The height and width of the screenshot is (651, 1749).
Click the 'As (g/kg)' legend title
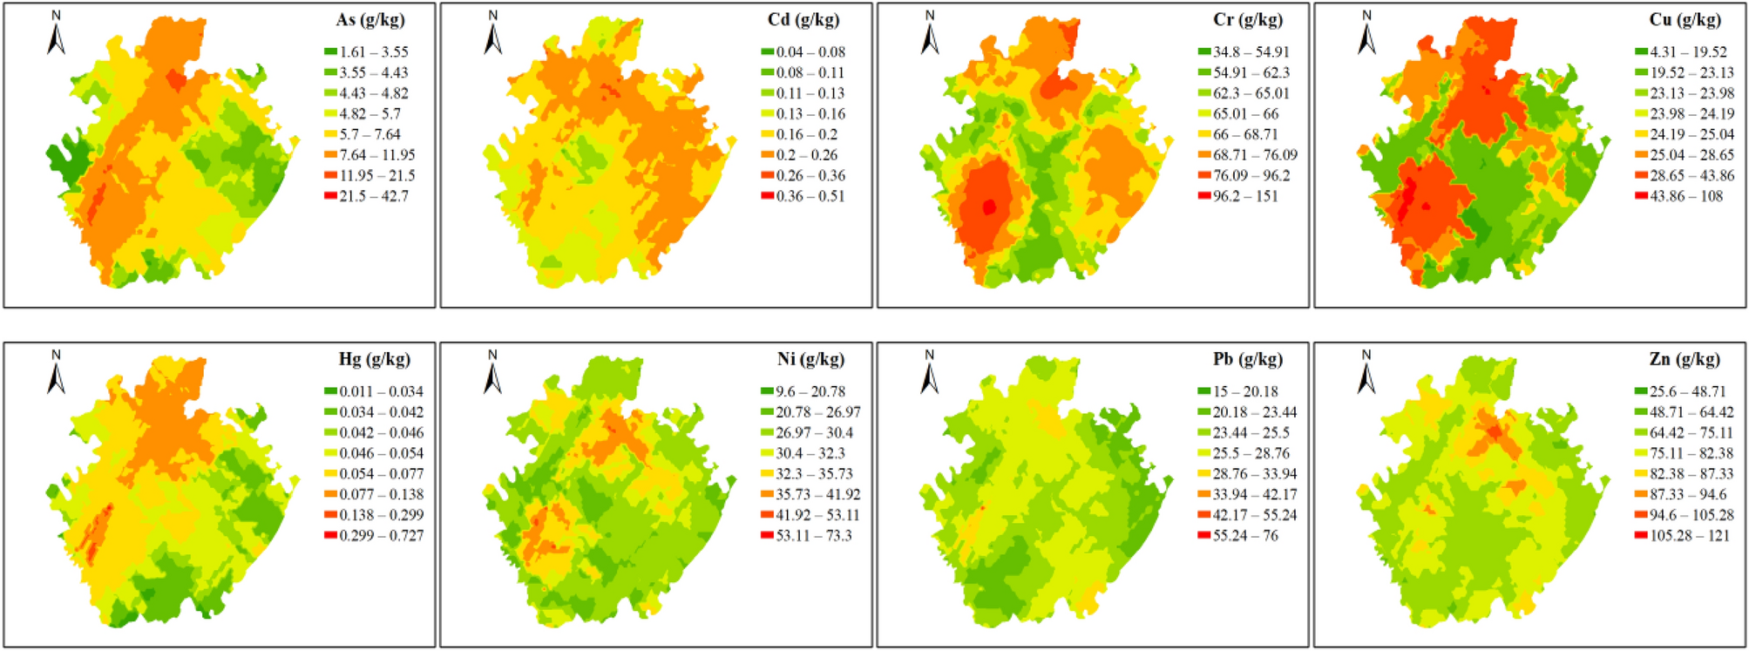coord(370,19)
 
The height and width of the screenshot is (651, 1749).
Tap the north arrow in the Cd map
coord(493,34)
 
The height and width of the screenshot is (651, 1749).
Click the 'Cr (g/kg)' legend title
coord(1247,19)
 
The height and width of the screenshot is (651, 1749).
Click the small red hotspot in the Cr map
coord(988,207)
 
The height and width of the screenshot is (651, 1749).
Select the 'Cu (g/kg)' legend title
coord(1685,19)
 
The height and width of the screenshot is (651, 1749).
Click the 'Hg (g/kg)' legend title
coord(374,359)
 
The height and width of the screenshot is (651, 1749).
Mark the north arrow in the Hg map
coord(57,373)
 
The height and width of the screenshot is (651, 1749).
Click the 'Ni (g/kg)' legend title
coord(810,359)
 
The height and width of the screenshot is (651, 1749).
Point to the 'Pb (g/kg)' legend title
coord(1247,359)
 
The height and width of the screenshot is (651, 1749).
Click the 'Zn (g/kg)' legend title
coord(1685,359)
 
